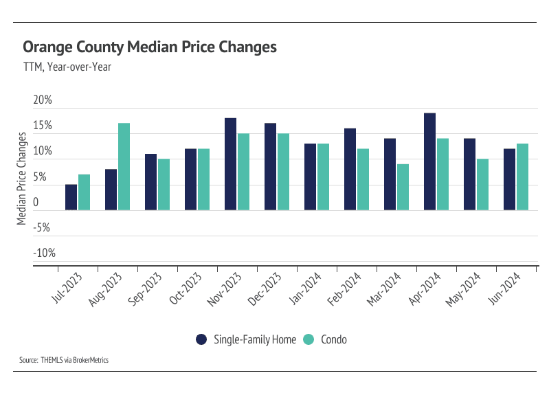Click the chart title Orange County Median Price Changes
[x=150, y=47]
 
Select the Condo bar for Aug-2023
[x=124, y=167]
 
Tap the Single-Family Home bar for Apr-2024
[x=429, y=161]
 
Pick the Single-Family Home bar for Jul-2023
[x=71, y=197]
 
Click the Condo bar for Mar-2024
[x=403, y=187]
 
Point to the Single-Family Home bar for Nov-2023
[x=230, y=164]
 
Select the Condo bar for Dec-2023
[x=283, y=172]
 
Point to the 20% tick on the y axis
[x=43, y=100]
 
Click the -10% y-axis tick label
[x=43, y=253]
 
